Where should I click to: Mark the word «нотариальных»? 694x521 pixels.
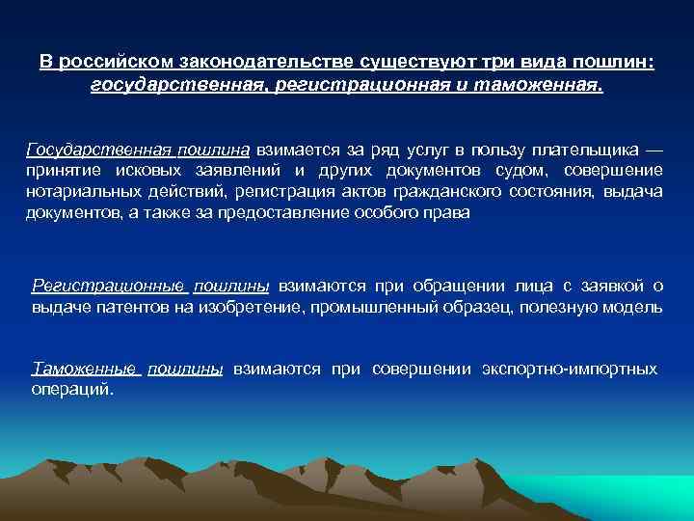(x=80, y=193)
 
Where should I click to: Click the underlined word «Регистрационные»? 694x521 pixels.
(x=108, y=286)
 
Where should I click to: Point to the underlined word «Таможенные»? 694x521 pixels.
(x=85, y=369)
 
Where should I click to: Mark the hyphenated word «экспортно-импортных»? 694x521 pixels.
(x=569, y=369)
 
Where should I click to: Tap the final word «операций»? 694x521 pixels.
(x=71, y=390)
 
